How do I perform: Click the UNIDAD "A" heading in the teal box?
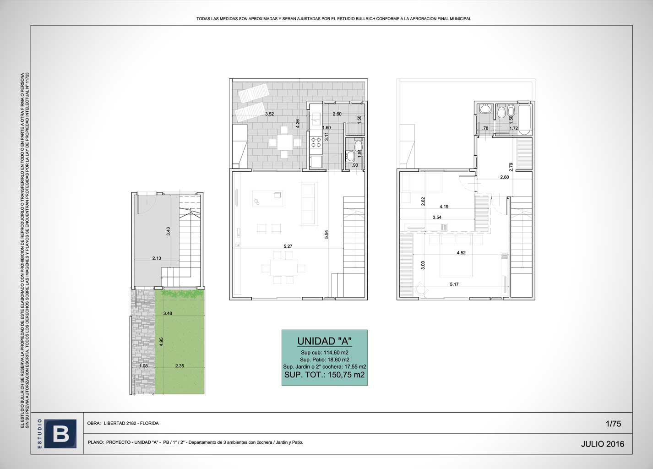tap(325, 341)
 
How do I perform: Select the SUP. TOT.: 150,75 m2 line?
tap(325, 375)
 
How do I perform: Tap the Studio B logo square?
tap(60, 434)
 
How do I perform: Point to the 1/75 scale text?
tap(613, 424)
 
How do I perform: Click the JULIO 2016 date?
tap(603, 444)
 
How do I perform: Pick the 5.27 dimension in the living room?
tap(288, 246)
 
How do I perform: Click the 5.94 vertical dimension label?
tap(326, 234)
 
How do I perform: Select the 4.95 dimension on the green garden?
tap(162, 342)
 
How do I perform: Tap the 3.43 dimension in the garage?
tap(168, 231)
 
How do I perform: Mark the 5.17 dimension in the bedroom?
tap(454, 284)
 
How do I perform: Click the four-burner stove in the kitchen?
tap(316, 142)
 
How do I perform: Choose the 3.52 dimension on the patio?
tap(269, 114)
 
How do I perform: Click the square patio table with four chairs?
tap(285, 142)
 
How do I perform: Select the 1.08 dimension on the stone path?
tap(143, 366)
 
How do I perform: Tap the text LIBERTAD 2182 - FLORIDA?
tap(131, 423)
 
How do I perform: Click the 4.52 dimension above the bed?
tap(461, 253)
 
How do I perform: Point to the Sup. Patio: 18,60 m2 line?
tap(325, 360)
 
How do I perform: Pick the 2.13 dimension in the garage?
tap(157, 258)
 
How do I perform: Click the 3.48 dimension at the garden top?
tap(168, 313)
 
